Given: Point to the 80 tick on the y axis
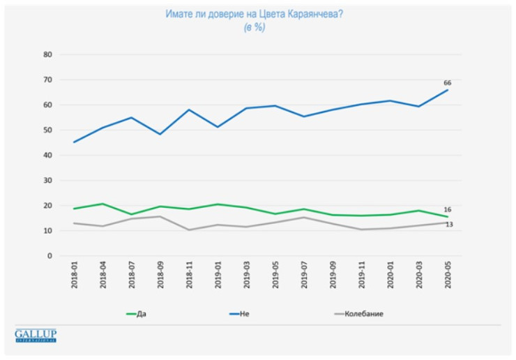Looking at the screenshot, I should tap(48, 54).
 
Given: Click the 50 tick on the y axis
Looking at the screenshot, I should tap(48, 130).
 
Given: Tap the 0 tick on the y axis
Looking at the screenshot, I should tap(50, 256).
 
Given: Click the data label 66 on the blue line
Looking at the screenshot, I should tap(448, 83).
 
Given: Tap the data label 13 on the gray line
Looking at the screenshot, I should tap(450, 225).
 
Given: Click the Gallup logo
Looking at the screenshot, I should tap(36, 336).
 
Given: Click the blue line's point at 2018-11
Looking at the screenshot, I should tap(189, 110).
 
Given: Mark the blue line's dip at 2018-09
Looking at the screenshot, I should tap(160, 134).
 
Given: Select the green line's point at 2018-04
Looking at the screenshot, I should tap(103, 204).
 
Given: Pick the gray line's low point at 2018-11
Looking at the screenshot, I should tap(189, 230).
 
